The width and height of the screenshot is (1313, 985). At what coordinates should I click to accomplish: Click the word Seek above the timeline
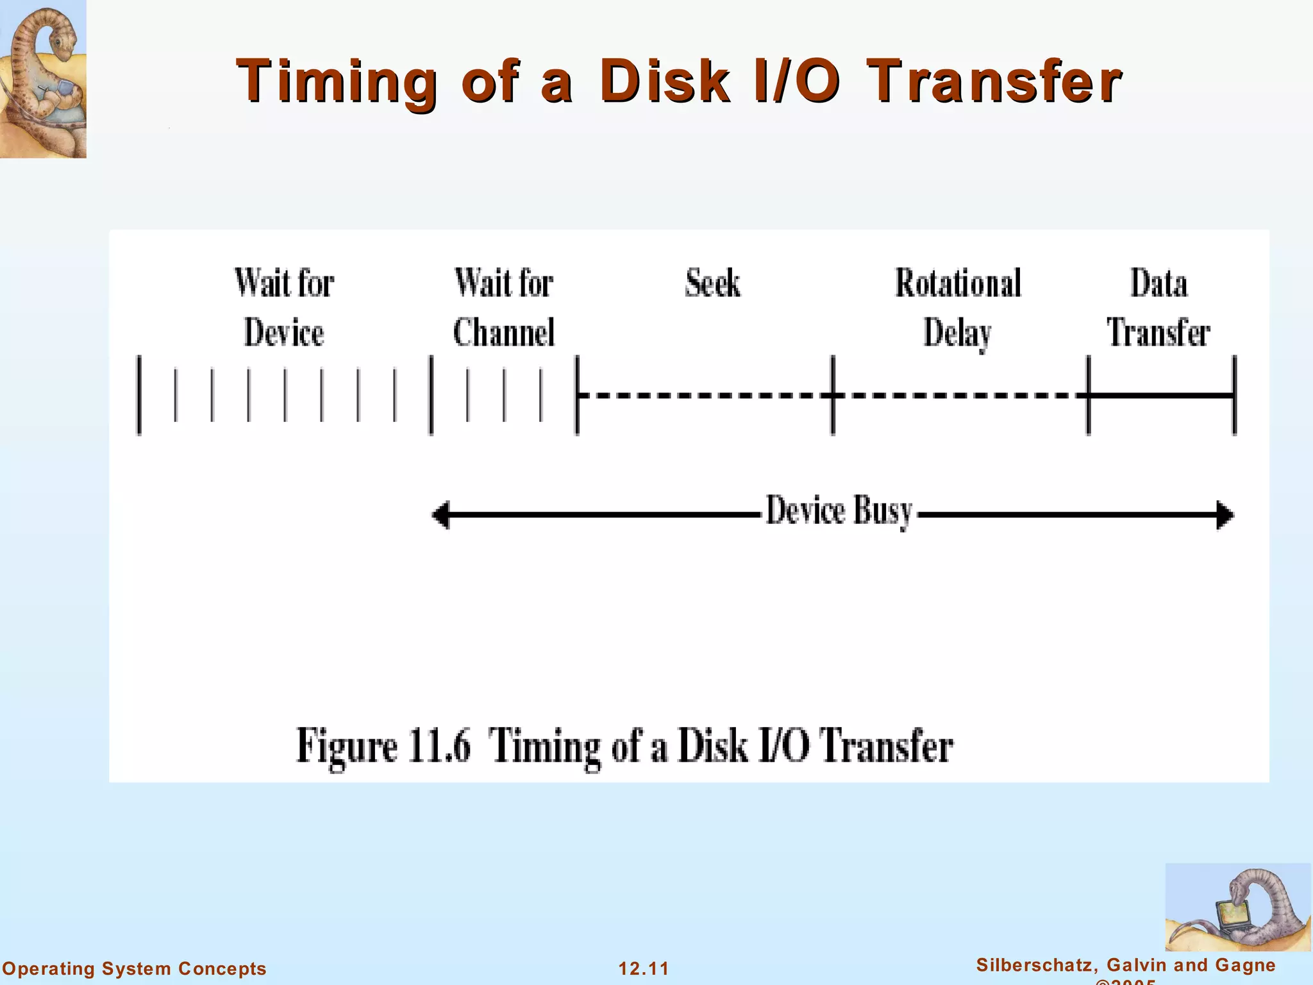(x=712, y=283)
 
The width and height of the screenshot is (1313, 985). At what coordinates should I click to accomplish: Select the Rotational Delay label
(x=958, y=308)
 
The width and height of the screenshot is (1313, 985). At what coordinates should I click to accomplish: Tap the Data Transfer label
(x=1158, y=308)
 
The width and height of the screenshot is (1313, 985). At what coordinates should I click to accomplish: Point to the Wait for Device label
(x=284, y=308)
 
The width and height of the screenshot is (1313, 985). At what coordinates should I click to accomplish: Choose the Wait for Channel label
(x=504, y=308)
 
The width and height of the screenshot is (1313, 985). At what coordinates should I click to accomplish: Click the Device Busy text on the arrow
(x=839, y=511)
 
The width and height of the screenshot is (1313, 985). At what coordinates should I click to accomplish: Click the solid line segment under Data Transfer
(x=1160, y=396)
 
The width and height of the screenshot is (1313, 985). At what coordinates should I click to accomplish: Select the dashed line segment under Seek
(x=704, y=396)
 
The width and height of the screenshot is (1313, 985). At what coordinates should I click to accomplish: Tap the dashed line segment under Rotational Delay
(x=960, y=396)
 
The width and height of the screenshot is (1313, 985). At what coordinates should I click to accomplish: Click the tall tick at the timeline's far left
(x=138, y=396)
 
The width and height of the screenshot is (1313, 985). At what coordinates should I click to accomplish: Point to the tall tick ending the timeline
(x=1234, y=396)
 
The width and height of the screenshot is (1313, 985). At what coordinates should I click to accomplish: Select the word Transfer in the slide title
(x=993, y=81)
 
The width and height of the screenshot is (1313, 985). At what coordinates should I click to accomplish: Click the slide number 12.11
(x=644, y=968)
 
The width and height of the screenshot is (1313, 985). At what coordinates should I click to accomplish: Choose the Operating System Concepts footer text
(x=134, y=968)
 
